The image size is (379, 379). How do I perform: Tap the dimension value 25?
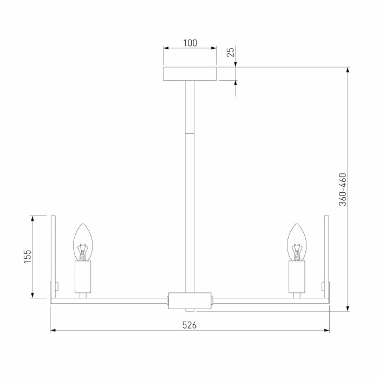pyautogui.click(x=230, y=53)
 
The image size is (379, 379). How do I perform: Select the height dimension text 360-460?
pyautogui.click(x=342, y=190)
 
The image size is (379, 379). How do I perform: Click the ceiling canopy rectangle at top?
pyautogui.click(x=190, y=74)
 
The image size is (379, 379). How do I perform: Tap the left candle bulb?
pyautogui.click(x=82, y=241)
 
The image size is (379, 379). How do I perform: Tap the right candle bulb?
pyautogui.click(x=297, y=241)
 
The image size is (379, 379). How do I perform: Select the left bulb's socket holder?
pyautogui.click(x=82, y=276)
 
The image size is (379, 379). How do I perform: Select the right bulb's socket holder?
pyautogui.click(x=297, y=276)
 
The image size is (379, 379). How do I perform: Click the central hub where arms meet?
pyautogui.click(x=190, y=300)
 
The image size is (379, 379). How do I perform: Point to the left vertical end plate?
pyautogui.click(x=53, y=257)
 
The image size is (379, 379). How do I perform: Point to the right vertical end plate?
pyautogui.click(x=326, y=257)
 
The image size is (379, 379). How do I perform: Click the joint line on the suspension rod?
pyautogui.click(x=190, y=133)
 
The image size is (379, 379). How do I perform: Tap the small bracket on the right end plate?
pyautogui.click(x=323, y=286)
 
